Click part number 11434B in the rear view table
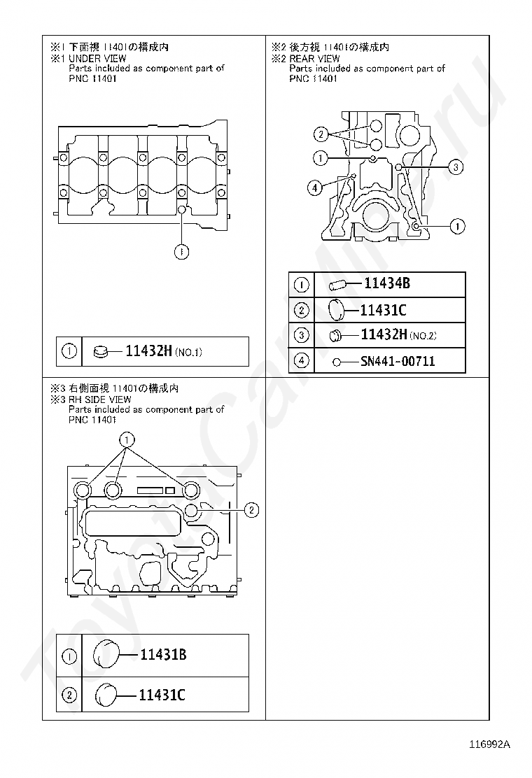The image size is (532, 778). click(x=387, y=283)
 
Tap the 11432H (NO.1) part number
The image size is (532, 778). click(x=148, y=351)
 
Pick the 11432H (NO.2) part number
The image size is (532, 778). click(x=384, y=335)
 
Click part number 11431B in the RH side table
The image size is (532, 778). click(x=163, y=655)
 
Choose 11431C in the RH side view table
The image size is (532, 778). click(x=162, y=695)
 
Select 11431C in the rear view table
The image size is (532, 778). click(x=383, y=310)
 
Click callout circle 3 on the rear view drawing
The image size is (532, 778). click(x=456, y=167)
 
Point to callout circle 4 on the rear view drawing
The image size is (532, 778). click(x=316, y=187)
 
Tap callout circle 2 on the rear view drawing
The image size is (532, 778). click(x=320, y=134)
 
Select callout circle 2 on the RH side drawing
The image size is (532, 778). click(x=252, y=510)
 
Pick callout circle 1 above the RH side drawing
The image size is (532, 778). click(x=127, y=439)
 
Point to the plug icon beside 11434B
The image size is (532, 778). click(x=339, y=284)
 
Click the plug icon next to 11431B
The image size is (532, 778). click(x=106, y=654)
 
